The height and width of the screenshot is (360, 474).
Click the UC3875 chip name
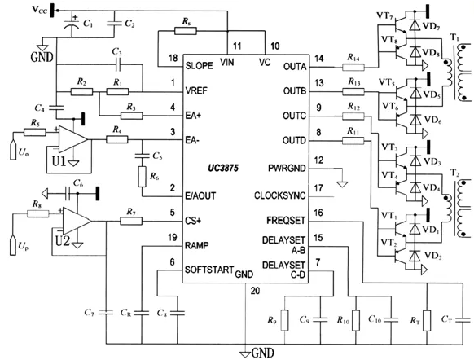[223, 168]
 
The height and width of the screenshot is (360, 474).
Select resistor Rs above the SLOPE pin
[186, 31]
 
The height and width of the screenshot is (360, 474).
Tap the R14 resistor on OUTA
[353, 67]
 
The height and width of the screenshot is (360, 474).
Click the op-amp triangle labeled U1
[72, 139]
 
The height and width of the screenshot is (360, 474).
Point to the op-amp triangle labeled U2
[77, 222]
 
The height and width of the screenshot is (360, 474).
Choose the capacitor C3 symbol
[118, 64]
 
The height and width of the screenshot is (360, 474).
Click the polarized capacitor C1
[72, 24]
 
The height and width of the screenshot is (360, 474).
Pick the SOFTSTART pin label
[209, 270]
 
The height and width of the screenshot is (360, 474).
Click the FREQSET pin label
[286, 221]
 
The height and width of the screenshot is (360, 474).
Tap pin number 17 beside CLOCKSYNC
[318, 188]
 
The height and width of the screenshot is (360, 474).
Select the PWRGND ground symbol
[343, 184]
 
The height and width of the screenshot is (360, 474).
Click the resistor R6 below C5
[142, 177]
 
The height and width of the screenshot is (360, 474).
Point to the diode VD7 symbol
[415, 24]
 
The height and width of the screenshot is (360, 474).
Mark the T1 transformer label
[454, 37]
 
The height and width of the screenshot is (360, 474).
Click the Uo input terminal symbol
[13, 150]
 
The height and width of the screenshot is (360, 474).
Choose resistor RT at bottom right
[427, 320]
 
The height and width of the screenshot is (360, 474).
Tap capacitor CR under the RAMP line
[142, 313]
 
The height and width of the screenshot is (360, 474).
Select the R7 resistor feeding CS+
[131, 222]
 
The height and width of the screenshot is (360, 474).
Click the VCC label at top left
[40, 10]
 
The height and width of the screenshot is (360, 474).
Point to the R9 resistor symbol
[284, 320]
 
